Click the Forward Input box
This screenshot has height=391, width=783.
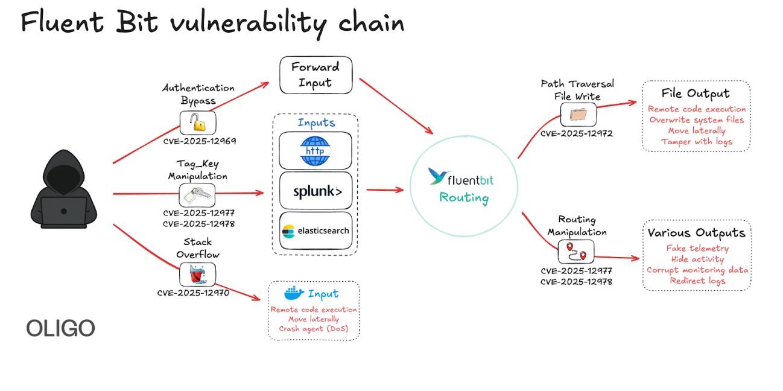315,75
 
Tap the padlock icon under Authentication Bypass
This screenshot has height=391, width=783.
197,123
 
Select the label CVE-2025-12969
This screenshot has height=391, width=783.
199,141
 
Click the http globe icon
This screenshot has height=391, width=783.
315,150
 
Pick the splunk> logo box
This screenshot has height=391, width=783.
315,191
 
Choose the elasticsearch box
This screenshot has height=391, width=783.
315,230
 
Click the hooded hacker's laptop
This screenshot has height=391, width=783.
64,209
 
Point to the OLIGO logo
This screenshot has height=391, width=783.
60,328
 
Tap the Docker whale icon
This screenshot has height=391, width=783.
294,294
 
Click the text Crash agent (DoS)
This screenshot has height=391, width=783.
314,329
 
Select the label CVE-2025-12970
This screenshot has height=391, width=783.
193,293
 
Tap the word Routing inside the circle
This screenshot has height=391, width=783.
463,197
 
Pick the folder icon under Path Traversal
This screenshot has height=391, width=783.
578,114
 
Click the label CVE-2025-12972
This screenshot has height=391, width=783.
576,133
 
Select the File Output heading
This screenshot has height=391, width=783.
695,94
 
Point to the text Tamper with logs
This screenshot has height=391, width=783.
696,142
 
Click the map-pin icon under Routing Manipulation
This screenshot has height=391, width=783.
575,251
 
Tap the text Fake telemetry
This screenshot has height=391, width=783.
697,248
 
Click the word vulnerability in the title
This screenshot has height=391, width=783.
249,23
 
